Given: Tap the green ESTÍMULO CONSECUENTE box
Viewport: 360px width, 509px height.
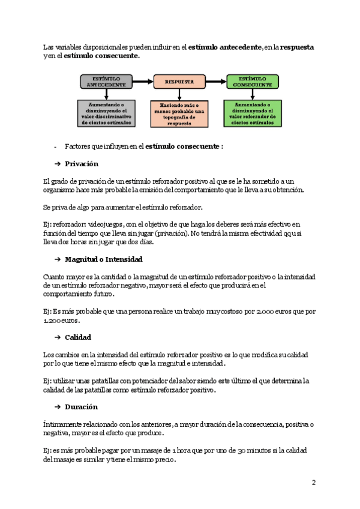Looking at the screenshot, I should pos(253,82).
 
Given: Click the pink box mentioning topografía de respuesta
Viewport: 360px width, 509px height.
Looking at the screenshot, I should pos(180,114).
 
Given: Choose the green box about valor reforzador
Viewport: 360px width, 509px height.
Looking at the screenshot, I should pos(253,113).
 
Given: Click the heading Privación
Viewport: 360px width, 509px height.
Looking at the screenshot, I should pos(82,164).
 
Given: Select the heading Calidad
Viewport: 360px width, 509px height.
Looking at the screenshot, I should pos(78,337).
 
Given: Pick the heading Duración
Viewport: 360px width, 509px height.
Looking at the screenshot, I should pos(81,407).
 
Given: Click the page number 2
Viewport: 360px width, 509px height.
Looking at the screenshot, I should pos(313,482).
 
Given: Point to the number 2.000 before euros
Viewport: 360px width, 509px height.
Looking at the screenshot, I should pos(268,312).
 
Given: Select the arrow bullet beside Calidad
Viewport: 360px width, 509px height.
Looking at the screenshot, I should pos(58,337).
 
